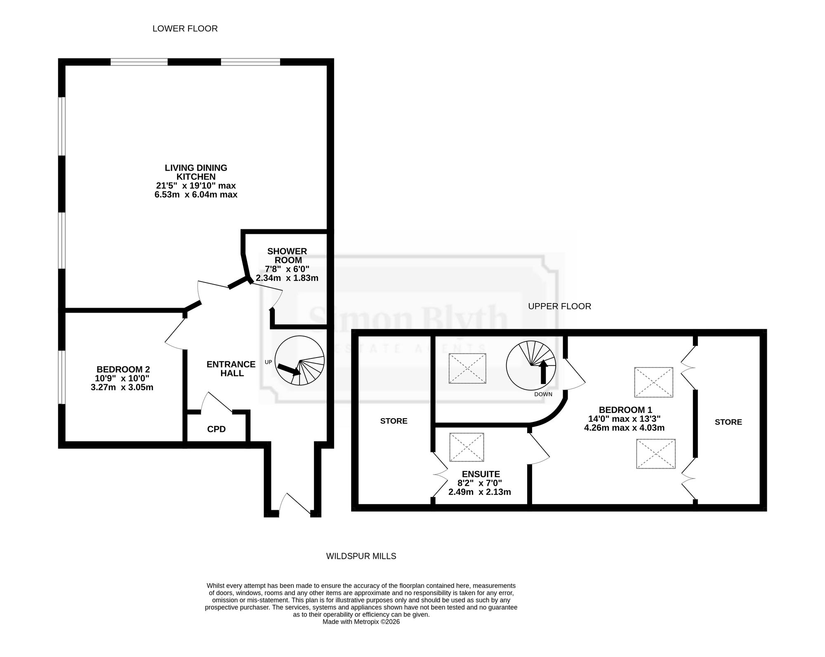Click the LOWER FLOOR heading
[185, 28]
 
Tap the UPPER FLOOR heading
[559, 306]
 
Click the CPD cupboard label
[216, 429]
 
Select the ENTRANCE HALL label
[231, 369]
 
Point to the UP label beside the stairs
[268, 362]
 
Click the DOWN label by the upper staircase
[543, 394]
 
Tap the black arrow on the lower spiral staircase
[289, 369]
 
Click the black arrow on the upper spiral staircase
[543, 372]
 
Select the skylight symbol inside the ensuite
[467, 447]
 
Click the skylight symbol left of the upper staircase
[467, 368]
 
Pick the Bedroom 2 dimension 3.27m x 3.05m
[122, 387]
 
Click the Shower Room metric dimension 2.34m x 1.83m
[287, 278]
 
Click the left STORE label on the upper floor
[394, 421]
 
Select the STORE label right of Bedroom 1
[728, 422]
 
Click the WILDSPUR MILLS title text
[361, 556]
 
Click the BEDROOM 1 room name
[625, 410]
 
